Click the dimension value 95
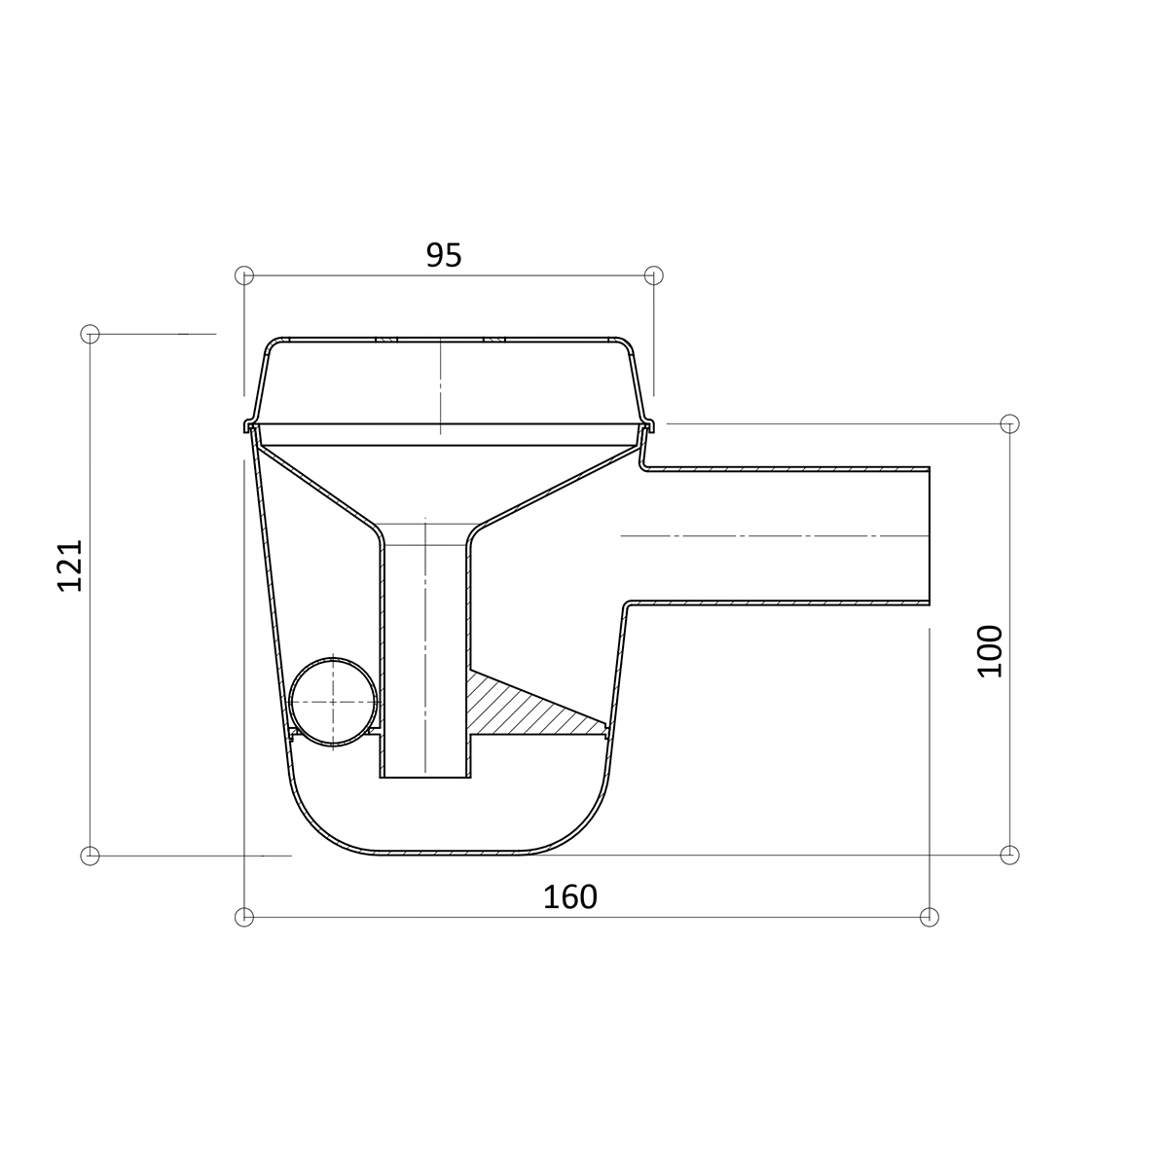tap(444, 255)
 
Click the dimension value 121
tap(70, 565)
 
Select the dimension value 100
tap(991, 651)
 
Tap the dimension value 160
tap(569, 897)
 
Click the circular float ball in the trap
tap(333, 701)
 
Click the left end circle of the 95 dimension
tap(243, 275)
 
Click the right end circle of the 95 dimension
tap(653, 275)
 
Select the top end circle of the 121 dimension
tap(90, 334)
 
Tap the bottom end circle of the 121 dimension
tap(90, 856)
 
